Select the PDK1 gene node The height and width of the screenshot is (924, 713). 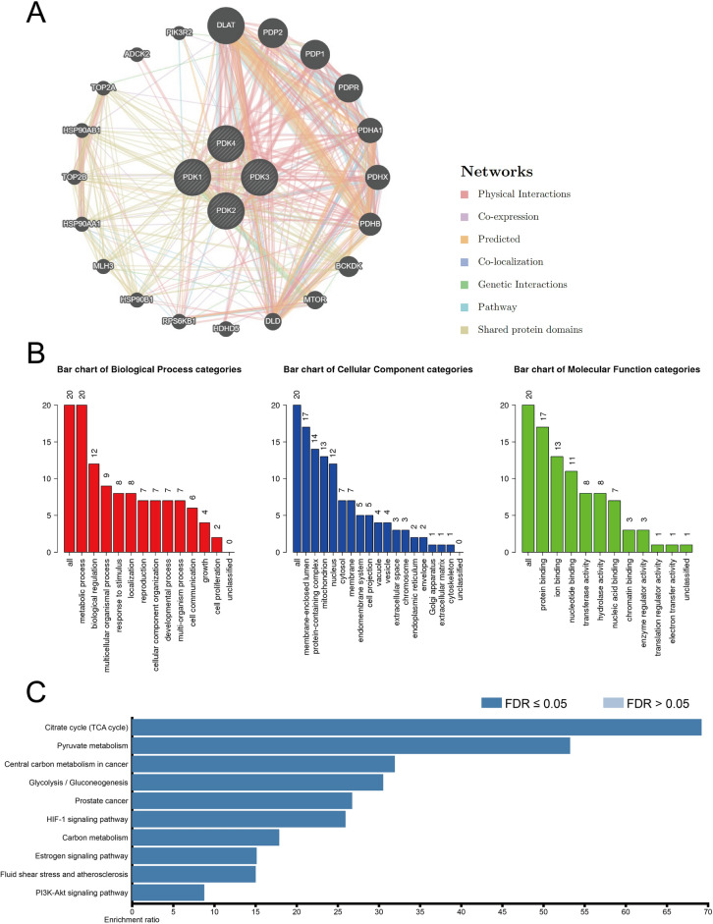(192, 178)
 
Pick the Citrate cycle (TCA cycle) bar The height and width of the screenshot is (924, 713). (416, 644)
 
